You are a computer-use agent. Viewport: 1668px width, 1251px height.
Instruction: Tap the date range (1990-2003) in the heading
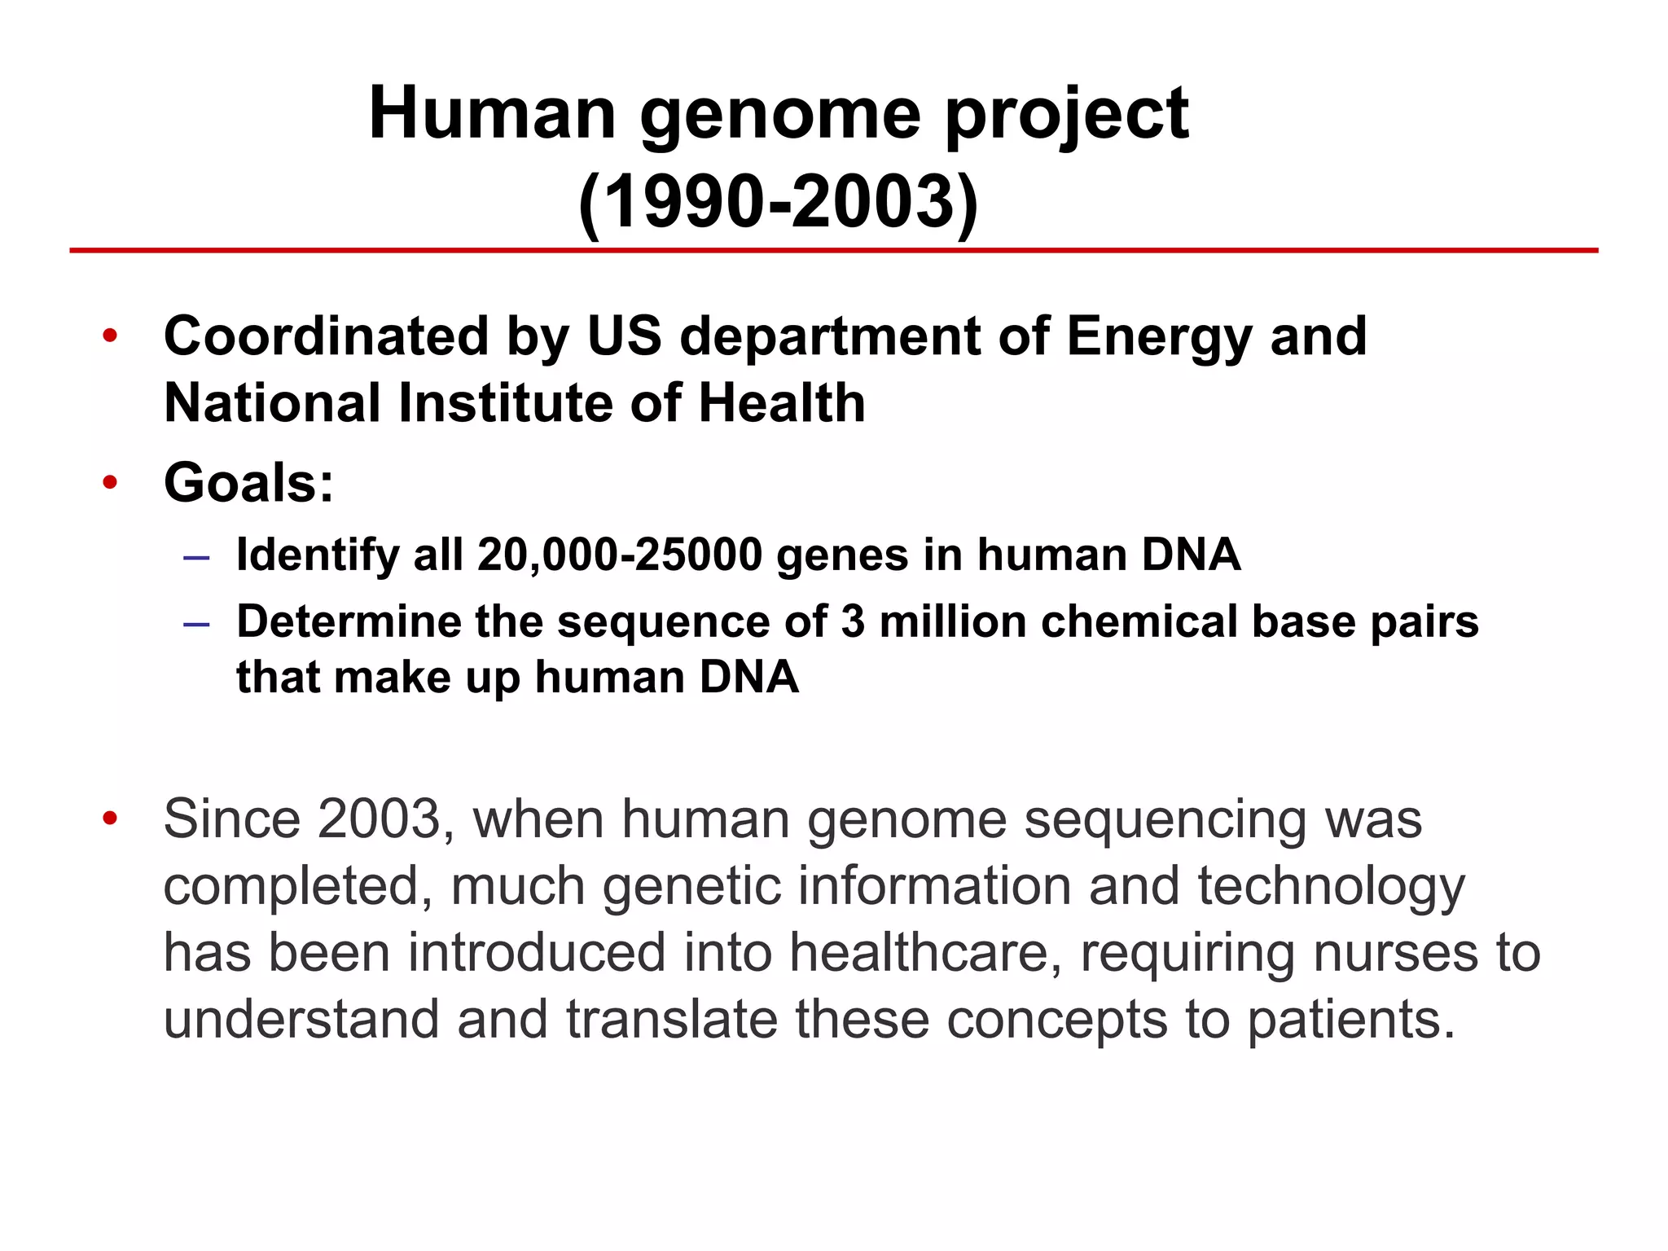point(778,202)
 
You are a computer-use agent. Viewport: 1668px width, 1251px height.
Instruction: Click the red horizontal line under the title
point(834,250)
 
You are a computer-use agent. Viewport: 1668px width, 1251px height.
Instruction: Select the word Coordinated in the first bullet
point(327,336)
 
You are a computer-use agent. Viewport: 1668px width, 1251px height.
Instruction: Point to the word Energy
point(1159,337)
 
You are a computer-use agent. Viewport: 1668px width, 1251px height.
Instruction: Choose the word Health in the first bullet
point(782,403)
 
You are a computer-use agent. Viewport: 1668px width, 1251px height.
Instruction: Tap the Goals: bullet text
point(248,482)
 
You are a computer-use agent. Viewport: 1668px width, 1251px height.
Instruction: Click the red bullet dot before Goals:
point(111,483)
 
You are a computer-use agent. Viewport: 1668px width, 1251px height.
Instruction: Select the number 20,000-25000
point(620,555)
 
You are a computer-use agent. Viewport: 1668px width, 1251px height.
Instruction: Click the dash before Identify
point(196,558)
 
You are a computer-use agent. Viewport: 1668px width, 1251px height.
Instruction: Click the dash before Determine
point(196,624)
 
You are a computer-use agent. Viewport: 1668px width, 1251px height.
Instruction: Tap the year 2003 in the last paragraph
point(380,819)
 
